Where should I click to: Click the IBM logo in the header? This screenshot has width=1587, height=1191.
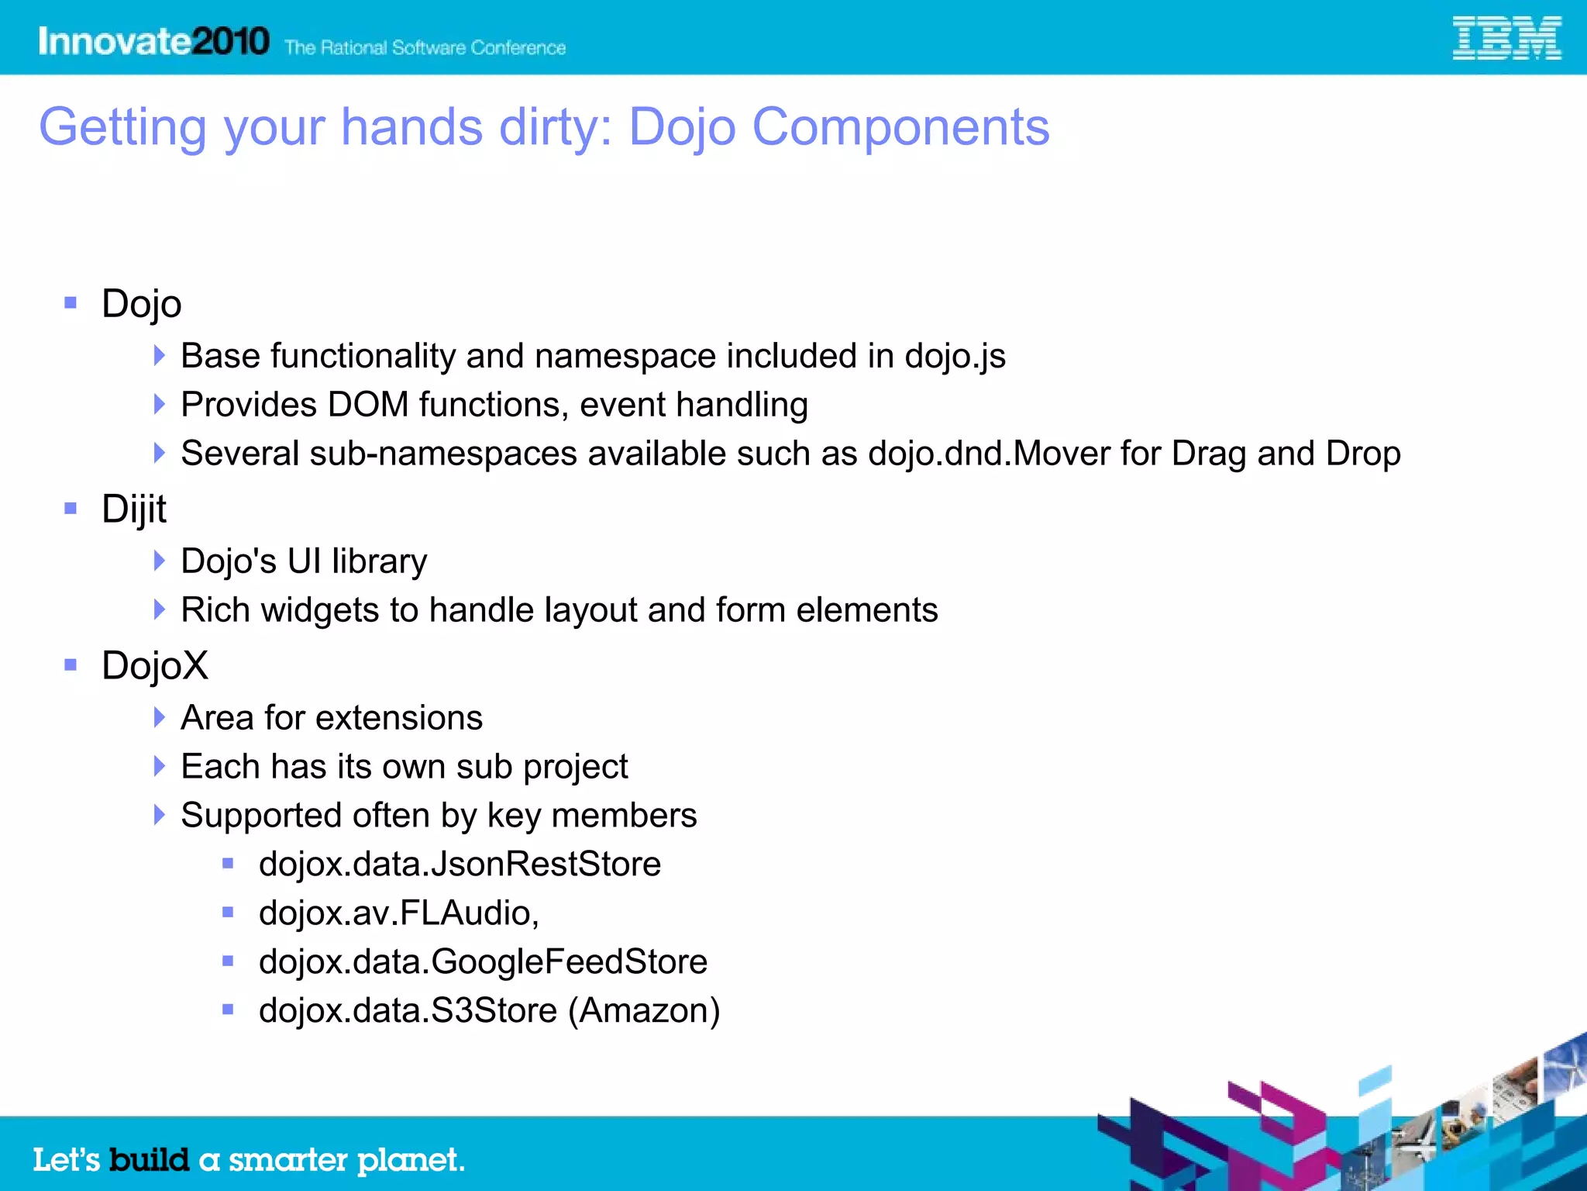coord(1506,38)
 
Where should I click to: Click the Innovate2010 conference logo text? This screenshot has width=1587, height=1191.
coord(153,41)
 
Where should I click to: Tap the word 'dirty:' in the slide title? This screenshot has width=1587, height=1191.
coord(556,127)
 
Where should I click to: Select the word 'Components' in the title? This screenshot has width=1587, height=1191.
coord(900,127)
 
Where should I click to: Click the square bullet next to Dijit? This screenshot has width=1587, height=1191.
coord(71,509)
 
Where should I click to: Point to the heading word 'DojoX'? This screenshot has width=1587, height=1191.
coord(155,665)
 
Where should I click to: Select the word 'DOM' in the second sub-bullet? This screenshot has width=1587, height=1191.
coord(368,405)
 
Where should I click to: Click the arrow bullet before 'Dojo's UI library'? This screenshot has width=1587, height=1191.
coord(159,561)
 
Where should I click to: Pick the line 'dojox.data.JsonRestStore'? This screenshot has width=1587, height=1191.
coord(460,864)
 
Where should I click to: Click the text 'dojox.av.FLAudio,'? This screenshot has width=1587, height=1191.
coord(399,913)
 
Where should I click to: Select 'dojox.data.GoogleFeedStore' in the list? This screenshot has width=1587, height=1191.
coord(483,961)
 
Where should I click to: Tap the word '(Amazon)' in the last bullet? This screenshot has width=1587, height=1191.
coord(644,1010)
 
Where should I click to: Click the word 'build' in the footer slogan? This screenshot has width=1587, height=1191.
coord(149,1160)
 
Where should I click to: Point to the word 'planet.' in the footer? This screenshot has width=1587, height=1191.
coord(410,1161)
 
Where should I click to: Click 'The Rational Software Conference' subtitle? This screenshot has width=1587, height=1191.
coord(425,48)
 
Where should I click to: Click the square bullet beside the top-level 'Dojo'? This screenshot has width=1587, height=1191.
coord(71,303)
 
